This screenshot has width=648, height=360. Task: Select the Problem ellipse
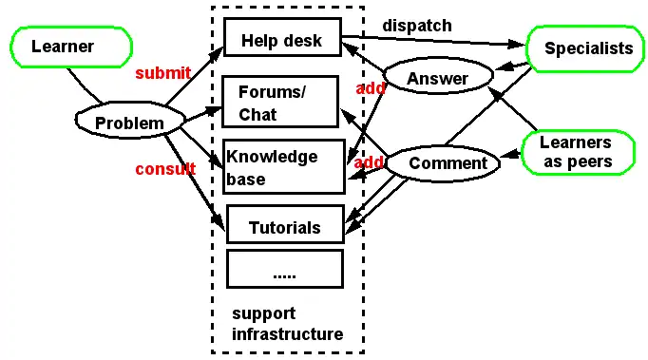(x=123, y=123)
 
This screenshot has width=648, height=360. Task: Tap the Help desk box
(x=282, y=39)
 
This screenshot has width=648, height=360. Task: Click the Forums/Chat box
(x=281, y=103)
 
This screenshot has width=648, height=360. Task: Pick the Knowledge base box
(x=283, y=167)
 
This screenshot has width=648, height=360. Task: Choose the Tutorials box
(x=284, y=228)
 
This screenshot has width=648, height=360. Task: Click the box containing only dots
(x=284, y=270)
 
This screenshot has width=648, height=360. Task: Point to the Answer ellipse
(x=437, y=79)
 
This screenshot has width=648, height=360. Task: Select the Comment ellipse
(x=447, y=163)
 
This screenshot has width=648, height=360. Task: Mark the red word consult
(x=164, y=169)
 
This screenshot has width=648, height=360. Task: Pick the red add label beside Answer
(x=369, y=87)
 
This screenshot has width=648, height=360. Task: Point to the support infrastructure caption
(x=287, y=324)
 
